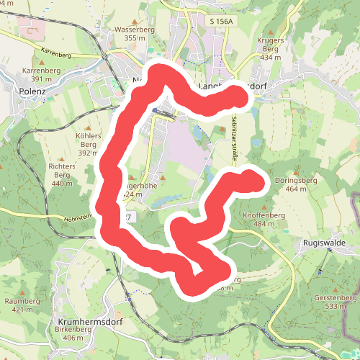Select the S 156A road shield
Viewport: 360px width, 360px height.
click(x=221, y=22)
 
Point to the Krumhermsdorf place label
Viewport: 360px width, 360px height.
click(x=89, y=322)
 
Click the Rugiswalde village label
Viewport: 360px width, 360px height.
click(x=325, y=243)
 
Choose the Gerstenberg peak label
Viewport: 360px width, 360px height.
click(x=336, y=298)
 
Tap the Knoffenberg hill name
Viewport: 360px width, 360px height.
click(x=270, y=215)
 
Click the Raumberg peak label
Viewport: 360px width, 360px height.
click(x=22, y=301)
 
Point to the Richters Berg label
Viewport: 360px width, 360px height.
click(x=63, y=171)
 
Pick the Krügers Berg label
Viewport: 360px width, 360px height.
click(x=270, y=42)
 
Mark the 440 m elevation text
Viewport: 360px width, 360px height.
click(x=63, y=184)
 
